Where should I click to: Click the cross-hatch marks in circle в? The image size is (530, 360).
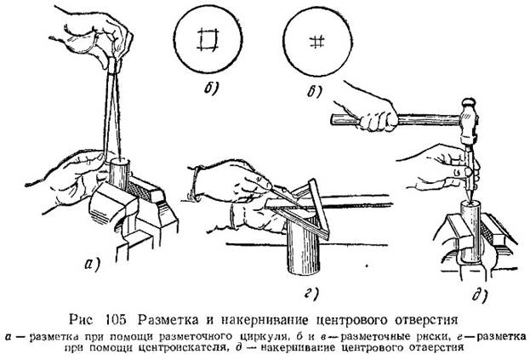(317, 41)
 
